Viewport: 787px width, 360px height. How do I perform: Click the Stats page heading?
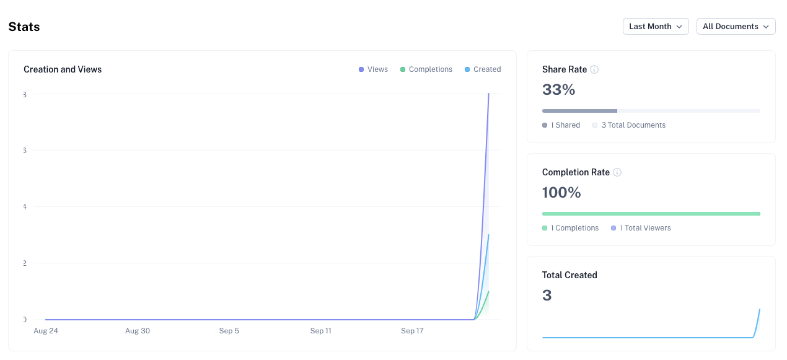(24, 27)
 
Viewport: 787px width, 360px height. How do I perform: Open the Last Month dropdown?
(655, 27)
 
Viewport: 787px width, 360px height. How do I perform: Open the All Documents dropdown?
(736, 27)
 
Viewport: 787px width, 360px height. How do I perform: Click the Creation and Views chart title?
(63, 69)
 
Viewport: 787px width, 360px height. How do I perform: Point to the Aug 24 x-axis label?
(45, 331)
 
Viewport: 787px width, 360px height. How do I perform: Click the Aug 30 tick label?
(137, 331)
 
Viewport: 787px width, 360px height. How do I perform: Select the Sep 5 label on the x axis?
(229, 331)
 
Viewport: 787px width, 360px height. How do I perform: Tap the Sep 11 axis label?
(320, 331)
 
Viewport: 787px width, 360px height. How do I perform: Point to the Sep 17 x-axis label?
(412, 331)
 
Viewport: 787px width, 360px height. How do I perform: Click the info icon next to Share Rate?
(594, 69)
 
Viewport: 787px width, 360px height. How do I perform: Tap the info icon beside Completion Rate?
(617, 172)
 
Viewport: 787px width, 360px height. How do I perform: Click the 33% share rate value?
(558, 90)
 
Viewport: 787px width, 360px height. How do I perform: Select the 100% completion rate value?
(561, 193)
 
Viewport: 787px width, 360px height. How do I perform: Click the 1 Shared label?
(565, 125)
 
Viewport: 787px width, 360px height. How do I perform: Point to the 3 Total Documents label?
(633, 125)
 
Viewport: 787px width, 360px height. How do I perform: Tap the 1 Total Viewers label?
(644, 228)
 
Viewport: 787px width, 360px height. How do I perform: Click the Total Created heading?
(569, 275)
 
